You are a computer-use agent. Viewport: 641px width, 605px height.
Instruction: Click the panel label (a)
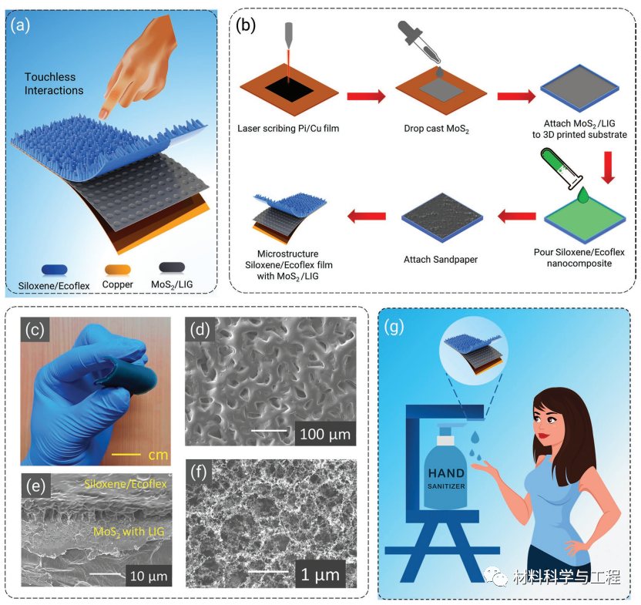(21, 25)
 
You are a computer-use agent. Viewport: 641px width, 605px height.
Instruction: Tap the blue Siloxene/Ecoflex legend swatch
(55, 270)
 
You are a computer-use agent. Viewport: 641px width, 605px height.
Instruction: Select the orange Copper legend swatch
(117, 269)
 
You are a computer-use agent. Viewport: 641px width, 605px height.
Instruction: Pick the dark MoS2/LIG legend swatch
(172, 267)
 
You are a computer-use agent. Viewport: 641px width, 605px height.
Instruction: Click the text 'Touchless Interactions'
(54, 83)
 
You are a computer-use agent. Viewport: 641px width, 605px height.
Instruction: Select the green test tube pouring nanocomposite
(560, 169)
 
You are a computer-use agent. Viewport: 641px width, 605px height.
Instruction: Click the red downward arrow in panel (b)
(608, 167)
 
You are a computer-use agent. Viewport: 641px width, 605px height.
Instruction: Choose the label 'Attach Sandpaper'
(440, 260)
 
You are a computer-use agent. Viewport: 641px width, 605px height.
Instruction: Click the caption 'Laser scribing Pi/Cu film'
(288, 129)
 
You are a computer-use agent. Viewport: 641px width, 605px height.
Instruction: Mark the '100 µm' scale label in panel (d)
(325, 435)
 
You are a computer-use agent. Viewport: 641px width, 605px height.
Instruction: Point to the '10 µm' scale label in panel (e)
(149, 576)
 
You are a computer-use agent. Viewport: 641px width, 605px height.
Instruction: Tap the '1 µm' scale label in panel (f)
(320, 575)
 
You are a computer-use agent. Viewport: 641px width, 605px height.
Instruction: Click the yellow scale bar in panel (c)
(126, 455)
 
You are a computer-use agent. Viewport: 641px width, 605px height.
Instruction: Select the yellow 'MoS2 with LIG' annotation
(129, 532)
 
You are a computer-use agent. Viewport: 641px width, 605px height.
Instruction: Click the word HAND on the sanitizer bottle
(446, 473)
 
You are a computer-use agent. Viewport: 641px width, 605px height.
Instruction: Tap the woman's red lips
(542, 435)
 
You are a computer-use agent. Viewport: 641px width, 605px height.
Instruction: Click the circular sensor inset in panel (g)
(473, 351)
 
